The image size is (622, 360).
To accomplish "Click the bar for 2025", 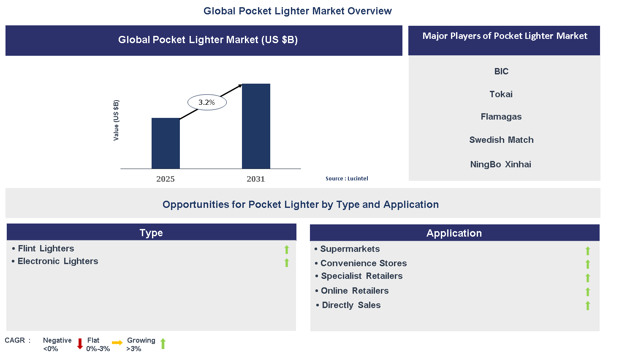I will (x=166, y=143).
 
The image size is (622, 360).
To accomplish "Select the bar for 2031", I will (x=256, y=126).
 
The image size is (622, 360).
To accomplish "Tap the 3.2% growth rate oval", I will (x=207, y=102).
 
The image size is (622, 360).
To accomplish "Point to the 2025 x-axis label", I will (x=166, y=179).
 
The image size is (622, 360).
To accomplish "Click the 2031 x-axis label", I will (x=256, y=179).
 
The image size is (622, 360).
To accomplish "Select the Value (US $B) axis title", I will (x=116, y=120).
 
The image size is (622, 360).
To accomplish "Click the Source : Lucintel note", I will (x=347, y=179).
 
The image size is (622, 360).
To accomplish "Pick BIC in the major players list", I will (x=501, y=71).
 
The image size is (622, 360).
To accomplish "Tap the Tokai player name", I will (x=501, y=94).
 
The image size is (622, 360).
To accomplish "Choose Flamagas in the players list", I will (x=501, y=117).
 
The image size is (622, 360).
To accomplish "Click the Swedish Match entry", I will (x=501, y=140).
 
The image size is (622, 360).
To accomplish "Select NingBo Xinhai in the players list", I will (x=501, y=164).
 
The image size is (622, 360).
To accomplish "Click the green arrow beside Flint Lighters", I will (x=287, y=250).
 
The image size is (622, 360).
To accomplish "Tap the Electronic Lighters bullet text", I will (x=58, y=261).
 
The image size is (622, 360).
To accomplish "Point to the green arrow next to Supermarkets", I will (x=588, y=251).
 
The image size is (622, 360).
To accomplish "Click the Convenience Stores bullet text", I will (x=364, y=263).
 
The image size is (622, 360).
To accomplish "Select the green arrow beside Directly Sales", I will (x=588, y=305).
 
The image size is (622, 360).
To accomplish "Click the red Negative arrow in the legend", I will (x=80, y=344).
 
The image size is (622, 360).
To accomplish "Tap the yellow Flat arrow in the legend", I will (x=117, y=343).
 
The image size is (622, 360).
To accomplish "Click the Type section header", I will (x=151, y=233).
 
